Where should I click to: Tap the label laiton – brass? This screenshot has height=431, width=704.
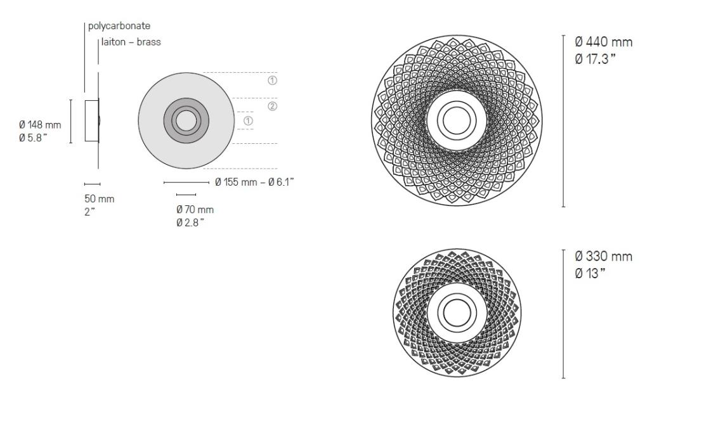click(x=131, y=42)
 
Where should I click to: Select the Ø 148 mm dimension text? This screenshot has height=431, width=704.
click(x=41, y=124)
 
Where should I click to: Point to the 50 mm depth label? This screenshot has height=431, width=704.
click(x=100, y=199)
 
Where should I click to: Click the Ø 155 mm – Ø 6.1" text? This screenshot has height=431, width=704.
click(x=254, y=183)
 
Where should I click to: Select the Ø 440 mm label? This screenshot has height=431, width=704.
click(x=603, y=42)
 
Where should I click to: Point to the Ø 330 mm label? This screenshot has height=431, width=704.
click(x=603, y=257)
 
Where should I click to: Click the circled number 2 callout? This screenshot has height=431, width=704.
click(x=272, y=106)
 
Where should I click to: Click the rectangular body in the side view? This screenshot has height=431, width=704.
click(x=91, y=120)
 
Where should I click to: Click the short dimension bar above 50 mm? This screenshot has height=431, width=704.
click(x=92, y=184)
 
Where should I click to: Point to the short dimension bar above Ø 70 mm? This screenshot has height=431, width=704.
click(x=186, y=194)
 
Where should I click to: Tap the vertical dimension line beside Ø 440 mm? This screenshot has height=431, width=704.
click(x=563, y=120)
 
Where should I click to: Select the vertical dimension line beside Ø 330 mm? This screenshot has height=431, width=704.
click(x=563, y=314)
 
